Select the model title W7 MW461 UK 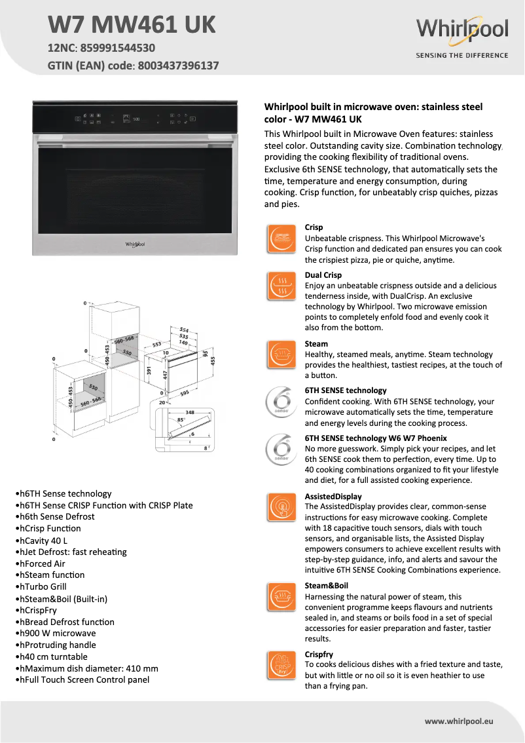[132, 25]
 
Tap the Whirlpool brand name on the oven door [135, 244]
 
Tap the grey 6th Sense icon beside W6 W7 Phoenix [281, 449]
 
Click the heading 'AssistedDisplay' [333, 497]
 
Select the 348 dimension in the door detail [189, 411]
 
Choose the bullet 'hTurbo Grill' [41, 586]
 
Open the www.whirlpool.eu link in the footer [459, 721]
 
